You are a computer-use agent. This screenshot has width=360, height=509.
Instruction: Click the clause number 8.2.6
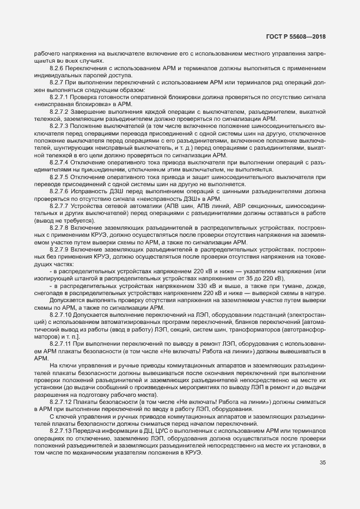click(57, 69)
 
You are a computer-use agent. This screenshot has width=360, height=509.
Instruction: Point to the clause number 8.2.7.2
click(60, 111)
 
